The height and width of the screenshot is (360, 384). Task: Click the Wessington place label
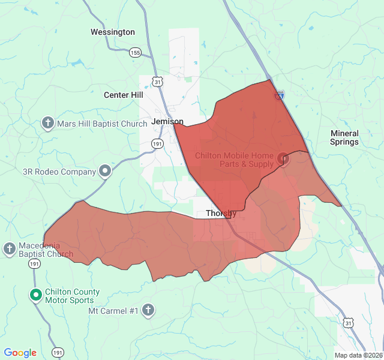[113, 32]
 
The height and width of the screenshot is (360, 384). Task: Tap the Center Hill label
[124, 95]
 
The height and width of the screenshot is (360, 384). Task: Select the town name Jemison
[167, 121]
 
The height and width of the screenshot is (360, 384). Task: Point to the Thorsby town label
[221, 213]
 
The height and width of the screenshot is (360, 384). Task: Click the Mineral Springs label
[344, 137]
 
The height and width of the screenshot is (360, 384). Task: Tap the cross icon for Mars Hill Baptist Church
[48, 124]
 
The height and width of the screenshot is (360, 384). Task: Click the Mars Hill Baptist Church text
[102, 124]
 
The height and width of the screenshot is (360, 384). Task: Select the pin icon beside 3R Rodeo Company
[105, 172]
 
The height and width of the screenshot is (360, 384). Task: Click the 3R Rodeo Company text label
[59, 172]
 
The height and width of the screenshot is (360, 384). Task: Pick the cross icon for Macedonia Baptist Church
[10, 248]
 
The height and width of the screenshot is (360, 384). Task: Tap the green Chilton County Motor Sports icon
[36, 295]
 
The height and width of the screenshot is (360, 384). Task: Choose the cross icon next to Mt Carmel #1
[148, 310]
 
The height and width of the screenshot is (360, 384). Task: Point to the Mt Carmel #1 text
[113, 311]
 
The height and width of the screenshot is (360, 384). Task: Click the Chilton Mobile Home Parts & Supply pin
[283, 159]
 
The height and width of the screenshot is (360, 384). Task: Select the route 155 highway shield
[136, 53]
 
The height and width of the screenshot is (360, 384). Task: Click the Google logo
[20, 353]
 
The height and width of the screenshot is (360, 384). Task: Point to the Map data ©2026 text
[358, 355]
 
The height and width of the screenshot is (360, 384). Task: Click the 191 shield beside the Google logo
[58, 352]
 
